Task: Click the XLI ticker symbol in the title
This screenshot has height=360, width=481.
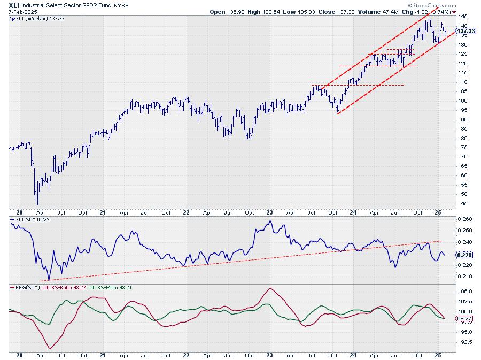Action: coord(15,5)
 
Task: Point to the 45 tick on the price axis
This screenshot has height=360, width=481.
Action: coord(460,204)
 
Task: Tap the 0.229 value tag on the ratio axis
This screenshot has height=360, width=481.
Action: coord(464,255)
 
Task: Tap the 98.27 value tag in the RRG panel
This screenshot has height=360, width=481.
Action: coord(464,319)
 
